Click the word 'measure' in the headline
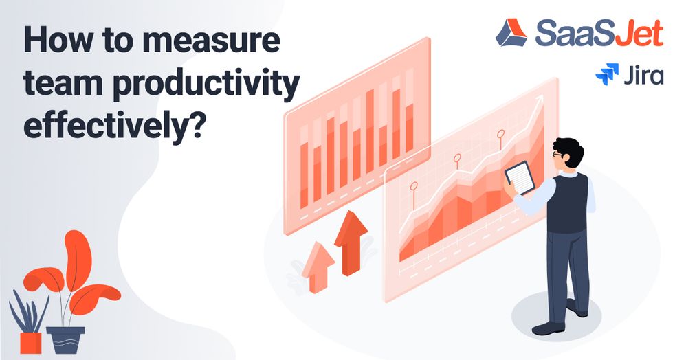pos(211,40)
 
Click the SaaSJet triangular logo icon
pos(511,32)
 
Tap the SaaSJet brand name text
pos(599,33)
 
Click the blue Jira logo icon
pos(607,74)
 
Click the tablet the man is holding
pos(520,177)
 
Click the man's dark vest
pos(568,203)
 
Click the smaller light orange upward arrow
pos(318,267)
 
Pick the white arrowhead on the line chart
pos(538,101)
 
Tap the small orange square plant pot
pos(31,343)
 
